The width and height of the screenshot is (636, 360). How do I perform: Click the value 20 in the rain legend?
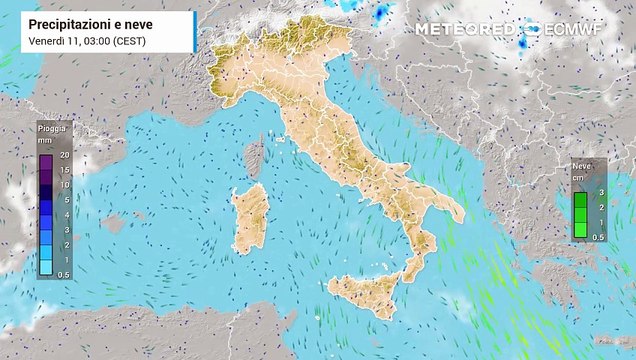64,156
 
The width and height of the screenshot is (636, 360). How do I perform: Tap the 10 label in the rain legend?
64,185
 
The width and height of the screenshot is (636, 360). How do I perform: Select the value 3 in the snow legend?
600,191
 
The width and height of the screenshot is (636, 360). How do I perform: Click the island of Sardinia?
249,220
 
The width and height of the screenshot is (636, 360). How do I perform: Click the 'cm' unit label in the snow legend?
577,178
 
